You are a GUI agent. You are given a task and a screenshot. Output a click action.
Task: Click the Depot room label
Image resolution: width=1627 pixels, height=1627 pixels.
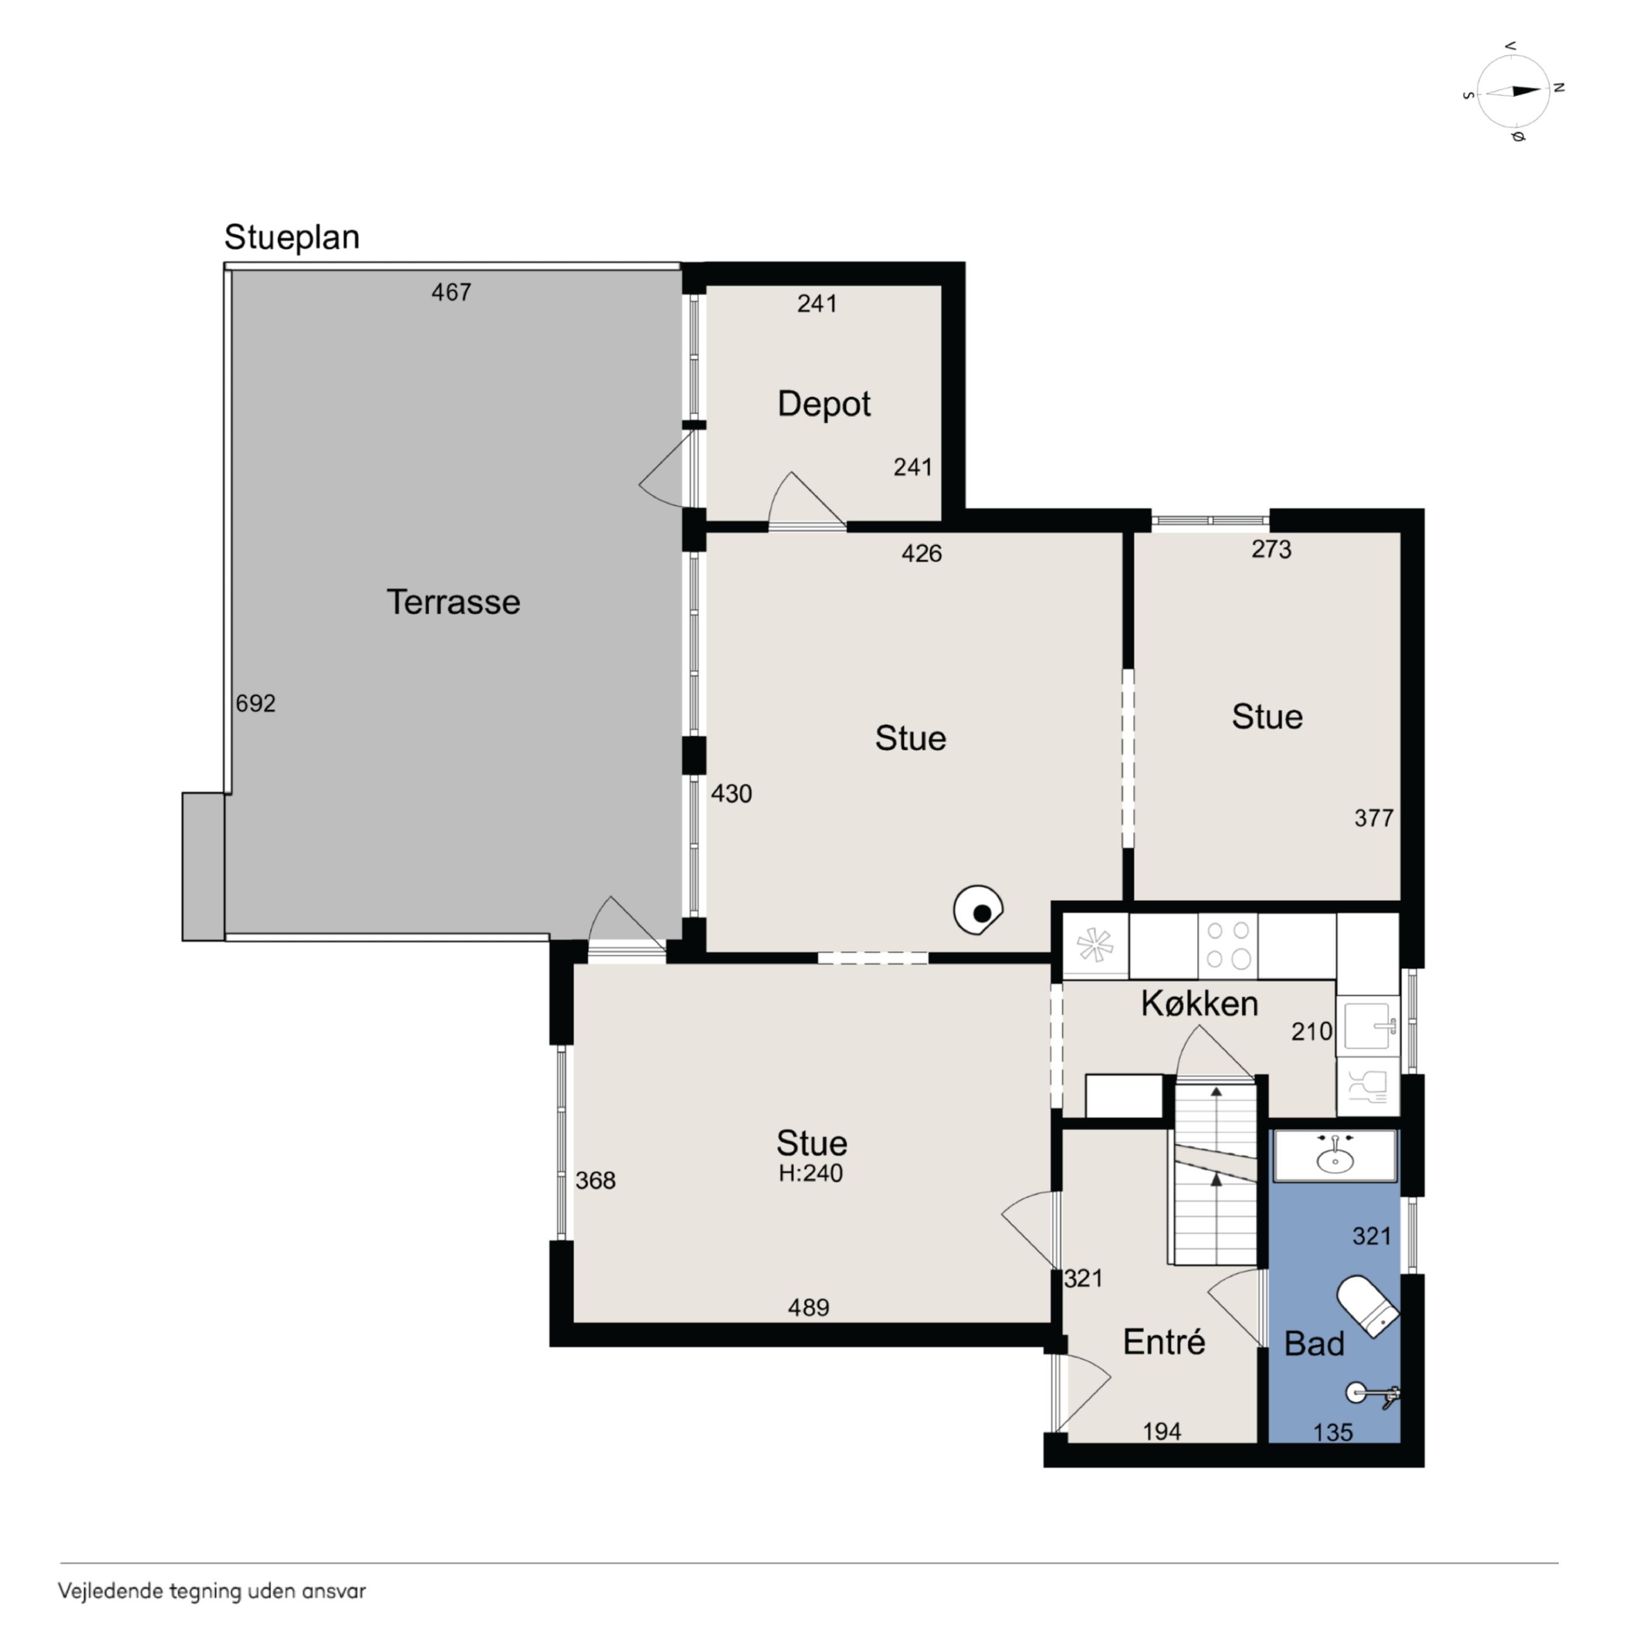[x=824, y=404]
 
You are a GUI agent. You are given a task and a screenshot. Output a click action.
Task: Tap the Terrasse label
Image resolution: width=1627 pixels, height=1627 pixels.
[x=453, y=602]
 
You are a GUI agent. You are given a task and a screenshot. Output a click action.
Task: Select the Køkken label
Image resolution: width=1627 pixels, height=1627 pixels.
[x=1199, y=1003]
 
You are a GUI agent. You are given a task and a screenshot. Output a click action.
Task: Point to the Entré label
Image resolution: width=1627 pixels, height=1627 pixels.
[x=1164, y=1342]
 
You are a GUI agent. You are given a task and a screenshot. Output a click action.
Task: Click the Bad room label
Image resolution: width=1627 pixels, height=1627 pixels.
[x=1313, y=1344]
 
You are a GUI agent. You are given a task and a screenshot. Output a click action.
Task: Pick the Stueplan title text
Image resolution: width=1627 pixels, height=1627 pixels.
[x=292, y=238]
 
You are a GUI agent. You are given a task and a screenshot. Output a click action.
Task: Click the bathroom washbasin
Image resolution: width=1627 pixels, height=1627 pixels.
[x=1335, y=1156]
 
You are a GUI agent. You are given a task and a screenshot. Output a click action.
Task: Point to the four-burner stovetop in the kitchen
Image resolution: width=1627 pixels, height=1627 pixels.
[x=1228, y=945]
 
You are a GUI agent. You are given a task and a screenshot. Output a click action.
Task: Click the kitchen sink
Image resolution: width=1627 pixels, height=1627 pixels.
[x=1368, y=1025]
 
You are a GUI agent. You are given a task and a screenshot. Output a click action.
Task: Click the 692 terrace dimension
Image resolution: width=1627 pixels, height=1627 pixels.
[x=255, y=703]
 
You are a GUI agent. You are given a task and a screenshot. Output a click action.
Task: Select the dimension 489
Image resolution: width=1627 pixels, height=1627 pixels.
[x=808, y=1308]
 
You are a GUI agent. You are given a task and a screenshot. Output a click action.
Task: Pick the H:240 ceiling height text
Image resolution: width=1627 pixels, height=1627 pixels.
[x=810, y=1173]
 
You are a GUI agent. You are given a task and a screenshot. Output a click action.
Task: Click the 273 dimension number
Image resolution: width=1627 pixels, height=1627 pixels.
[x=1271, y=549]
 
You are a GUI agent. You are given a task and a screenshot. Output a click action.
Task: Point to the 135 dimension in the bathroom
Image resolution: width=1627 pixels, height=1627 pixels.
[x=1333, y=1432]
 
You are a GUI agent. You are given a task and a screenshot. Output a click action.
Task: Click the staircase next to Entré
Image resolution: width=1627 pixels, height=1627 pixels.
[x=1216, y=1175]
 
